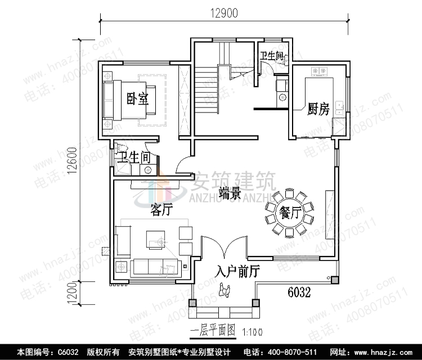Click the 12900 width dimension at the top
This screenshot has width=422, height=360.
223,11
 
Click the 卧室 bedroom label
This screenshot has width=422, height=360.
137,100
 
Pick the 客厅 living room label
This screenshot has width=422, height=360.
161,210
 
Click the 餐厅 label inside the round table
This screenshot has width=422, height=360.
288,213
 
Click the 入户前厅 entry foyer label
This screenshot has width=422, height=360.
237,272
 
